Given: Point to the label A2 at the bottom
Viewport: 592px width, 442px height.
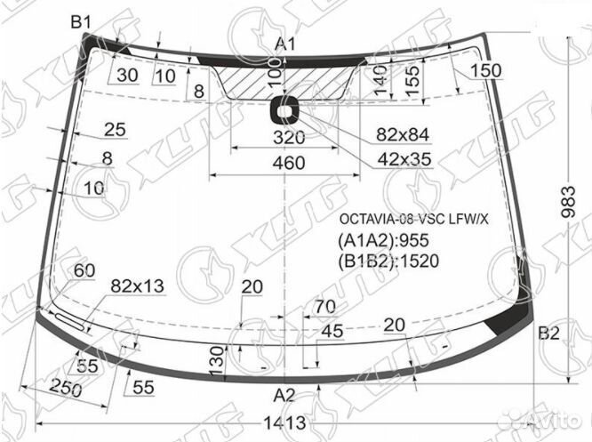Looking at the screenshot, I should tap(284, 395).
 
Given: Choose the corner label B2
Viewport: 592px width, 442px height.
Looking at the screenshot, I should tap(548, 334).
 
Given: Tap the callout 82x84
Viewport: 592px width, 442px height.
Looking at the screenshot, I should tap(403, 134).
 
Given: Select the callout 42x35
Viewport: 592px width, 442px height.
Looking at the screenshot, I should tap(403, 160).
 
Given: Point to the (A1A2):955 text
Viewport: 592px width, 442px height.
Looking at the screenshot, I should tap(382, 240).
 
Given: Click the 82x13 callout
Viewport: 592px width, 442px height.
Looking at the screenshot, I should tap(137, 285).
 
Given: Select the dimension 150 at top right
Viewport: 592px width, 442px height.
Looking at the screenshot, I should tap(486, 71).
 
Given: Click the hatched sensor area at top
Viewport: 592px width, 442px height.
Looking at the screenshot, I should tap(289, 83).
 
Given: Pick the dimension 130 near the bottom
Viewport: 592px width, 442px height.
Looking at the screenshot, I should tap(214, 362).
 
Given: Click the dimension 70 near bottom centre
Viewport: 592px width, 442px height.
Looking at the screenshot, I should tap(324, 307).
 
